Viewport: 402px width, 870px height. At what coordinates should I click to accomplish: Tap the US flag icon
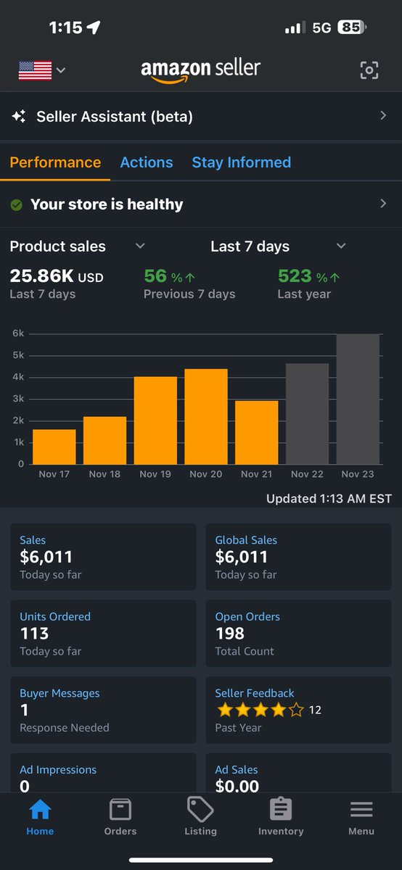(x=35, y=70)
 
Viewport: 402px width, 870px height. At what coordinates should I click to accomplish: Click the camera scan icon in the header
(x=369, y=70)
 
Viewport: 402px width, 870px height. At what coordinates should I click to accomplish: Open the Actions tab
(x=147, y=162)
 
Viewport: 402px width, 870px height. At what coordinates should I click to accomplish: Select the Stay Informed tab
(x=241, y=162)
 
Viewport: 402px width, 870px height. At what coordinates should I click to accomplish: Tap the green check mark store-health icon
(x=16, y=205)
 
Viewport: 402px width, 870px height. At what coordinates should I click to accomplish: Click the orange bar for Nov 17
(x=54, y=447)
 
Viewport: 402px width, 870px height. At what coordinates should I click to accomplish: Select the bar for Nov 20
(x=206, y=417)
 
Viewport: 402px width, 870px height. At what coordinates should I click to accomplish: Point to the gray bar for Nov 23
(x=358, y=399)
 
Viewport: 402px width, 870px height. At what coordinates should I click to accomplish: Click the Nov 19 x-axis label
(x=155, y=474)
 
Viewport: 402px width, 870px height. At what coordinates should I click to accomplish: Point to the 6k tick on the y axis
(x=18, y=333)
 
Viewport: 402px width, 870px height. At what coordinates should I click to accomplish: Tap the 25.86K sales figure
(x=42, y=276)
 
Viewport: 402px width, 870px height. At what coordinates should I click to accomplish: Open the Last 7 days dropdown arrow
(x=341, y=246)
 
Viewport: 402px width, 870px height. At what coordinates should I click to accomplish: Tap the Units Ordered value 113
(x=34, y=633)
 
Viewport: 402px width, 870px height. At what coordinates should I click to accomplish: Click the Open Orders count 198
(x=229, y=633)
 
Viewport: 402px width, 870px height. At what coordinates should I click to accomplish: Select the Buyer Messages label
(x=60, y=693)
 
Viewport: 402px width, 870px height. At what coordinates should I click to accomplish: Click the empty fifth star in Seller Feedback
(x=296, y=710)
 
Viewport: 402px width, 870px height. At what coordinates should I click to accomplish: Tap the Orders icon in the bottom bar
(x=120, y=809)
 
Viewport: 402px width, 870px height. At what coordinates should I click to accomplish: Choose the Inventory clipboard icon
(x=281, y=809)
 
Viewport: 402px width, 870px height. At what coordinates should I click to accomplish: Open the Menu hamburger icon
(x=361, y=809)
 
